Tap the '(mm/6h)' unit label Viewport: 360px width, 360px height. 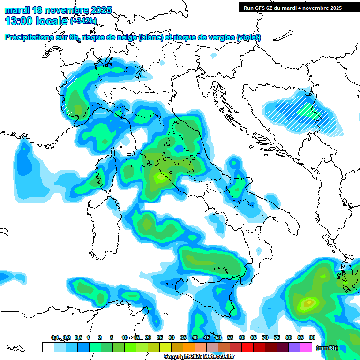pos(327,348)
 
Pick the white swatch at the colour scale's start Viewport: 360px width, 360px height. pos(48,347)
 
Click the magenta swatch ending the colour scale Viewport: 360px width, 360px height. pos(306,347)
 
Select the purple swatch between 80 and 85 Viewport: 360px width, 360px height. pos(294,347)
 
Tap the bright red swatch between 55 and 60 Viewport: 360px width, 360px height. pos(247,347)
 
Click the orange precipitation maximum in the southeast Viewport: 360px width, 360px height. pos(308,303)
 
